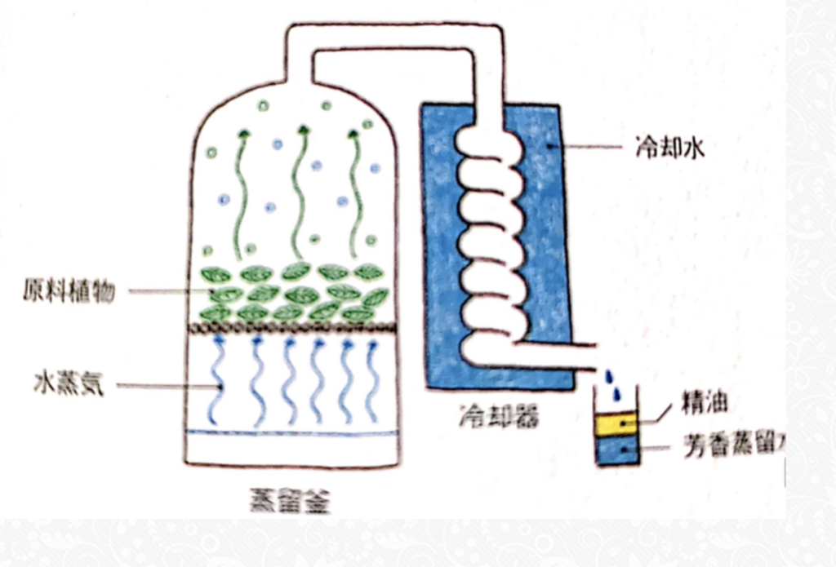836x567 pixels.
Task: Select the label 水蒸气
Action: point(69,383)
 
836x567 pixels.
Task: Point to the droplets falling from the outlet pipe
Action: point(612,383)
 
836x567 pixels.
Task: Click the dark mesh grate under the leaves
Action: point(294,328)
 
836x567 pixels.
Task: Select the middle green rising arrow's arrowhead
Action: point(303,130)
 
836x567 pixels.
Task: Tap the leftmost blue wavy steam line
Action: point(217,379)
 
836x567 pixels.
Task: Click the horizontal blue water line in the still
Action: point(294,432)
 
